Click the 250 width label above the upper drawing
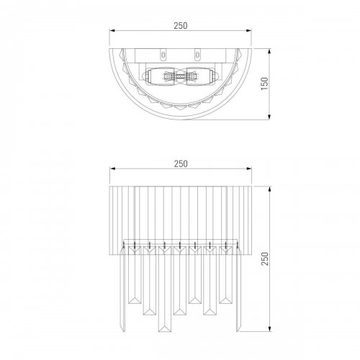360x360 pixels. (x=181, y=26)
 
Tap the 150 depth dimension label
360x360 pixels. (x=264, y=84)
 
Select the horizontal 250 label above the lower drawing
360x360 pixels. (x=181, y=164)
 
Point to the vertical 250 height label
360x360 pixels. (x=264, y=258)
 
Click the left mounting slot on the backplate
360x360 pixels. (x=163, y=55)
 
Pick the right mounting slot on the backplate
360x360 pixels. (x=197, y=55)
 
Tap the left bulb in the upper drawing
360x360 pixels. (x=161, y=76)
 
